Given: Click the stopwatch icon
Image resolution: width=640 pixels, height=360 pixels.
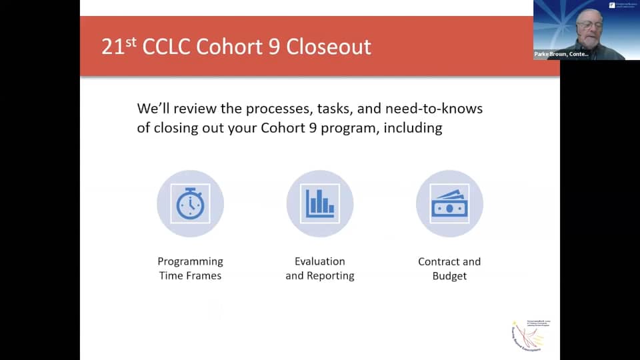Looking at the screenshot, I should click(x=190, y=203).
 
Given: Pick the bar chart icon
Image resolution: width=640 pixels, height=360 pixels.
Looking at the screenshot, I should click(x=320, y=203).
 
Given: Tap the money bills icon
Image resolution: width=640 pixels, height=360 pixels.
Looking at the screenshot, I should click(x=449, y=203).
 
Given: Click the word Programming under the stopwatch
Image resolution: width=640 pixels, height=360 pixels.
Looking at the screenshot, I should click(x=190, y=261).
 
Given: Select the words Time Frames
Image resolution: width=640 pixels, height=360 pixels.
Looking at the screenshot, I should click(x=190, y=275).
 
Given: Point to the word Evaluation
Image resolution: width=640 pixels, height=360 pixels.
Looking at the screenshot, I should click(x=320, y=261).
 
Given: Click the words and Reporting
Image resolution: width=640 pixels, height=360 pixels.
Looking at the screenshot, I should click(x=320, y=275).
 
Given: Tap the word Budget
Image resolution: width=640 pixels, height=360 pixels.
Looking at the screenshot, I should click(x=449, y=275).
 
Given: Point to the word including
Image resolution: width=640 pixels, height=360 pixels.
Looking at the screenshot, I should click(x=413, y=127).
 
